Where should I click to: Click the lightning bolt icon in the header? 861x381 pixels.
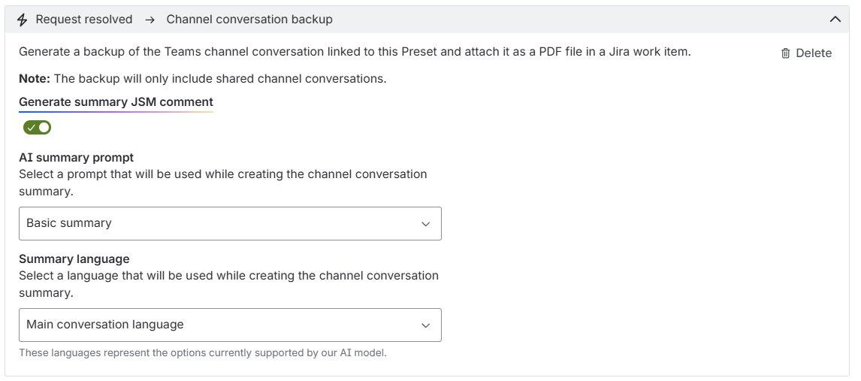[22, 20]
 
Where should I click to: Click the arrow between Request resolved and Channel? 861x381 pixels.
[150, 20]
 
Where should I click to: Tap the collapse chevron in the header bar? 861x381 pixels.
[835, 20]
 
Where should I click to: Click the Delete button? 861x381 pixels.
[807, 53]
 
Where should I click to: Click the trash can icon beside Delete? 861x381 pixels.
[786, 53]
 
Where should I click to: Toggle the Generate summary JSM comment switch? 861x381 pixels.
[37, 128]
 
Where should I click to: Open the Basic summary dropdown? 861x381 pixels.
[230, 223]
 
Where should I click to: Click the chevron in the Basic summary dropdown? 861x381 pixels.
[425, 224]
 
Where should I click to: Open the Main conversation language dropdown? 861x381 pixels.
[230, 325]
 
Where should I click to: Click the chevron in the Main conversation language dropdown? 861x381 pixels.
[425, 325]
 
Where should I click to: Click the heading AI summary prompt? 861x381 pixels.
[77, 158]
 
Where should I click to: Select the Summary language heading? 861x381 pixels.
[74, 259]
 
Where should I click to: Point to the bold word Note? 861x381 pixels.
[35, 78]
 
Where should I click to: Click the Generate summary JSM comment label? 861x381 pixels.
[116, 101]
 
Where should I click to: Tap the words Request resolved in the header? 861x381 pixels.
[84, 20]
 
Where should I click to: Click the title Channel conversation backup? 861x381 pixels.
[249, 20]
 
